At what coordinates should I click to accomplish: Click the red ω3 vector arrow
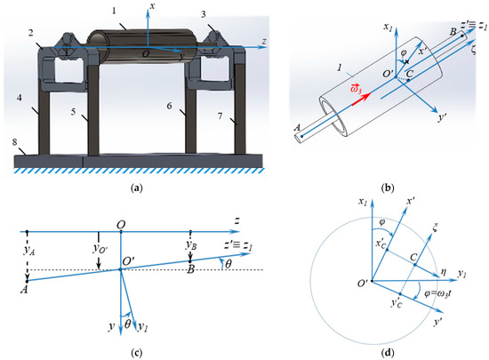click(x=361, y=100)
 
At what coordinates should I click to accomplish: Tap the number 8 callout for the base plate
click(x=14, y=142)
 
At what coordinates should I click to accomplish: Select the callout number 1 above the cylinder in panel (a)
click(x=114, y=11)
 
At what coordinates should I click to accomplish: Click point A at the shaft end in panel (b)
click(x=302, y=136)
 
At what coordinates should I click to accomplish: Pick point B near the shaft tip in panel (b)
click(x=461, y=36)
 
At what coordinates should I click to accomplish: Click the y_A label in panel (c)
click(x=29, y=250)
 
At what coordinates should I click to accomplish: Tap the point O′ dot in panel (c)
click(x=121, y=269)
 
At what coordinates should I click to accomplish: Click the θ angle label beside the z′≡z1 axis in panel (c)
click(x=228, y=264)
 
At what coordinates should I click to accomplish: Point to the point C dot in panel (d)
click(x=415, y=265)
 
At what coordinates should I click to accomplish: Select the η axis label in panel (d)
click(x=444, y=272)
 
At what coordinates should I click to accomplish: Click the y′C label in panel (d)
click(x=397, y=303)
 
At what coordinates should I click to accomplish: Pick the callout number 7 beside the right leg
click(x=220, y=116)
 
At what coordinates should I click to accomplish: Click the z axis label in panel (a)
click(x=264, y=41)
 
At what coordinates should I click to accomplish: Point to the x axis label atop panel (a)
click(x=153, y=6)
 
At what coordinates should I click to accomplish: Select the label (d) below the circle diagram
click(x=388, y=353)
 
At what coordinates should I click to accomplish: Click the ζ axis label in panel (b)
click(x=474, y=50)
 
